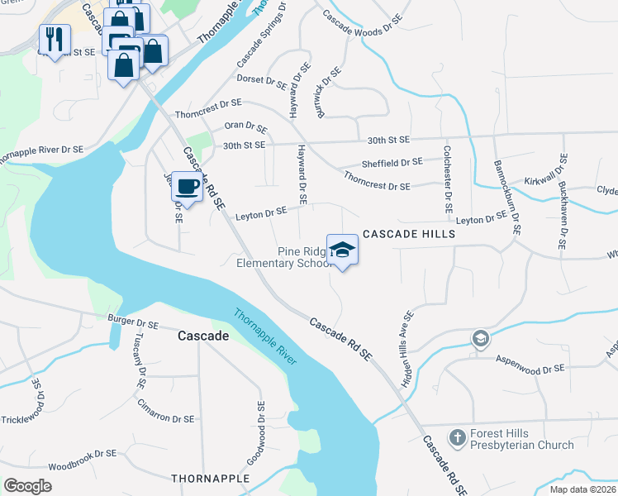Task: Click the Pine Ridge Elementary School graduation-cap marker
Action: coord(342,249)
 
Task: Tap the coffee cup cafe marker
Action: coord(187,186)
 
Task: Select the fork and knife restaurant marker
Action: coord(55,39)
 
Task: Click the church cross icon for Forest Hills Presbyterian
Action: coord(457,436)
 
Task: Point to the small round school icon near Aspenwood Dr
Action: coord(479,338)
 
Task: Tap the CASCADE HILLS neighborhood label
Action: coord(408,235)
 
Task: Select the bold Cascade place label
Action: coord(203,336)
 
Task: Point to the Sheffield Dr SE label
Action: coord(392,163)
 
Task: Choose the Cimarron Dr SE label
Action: coord(165,419)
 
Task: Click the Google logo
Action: coord(27,486)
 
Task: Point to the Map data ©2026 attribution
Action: coord(582,489)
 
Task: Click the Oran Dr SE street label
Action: coord(246,127)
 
